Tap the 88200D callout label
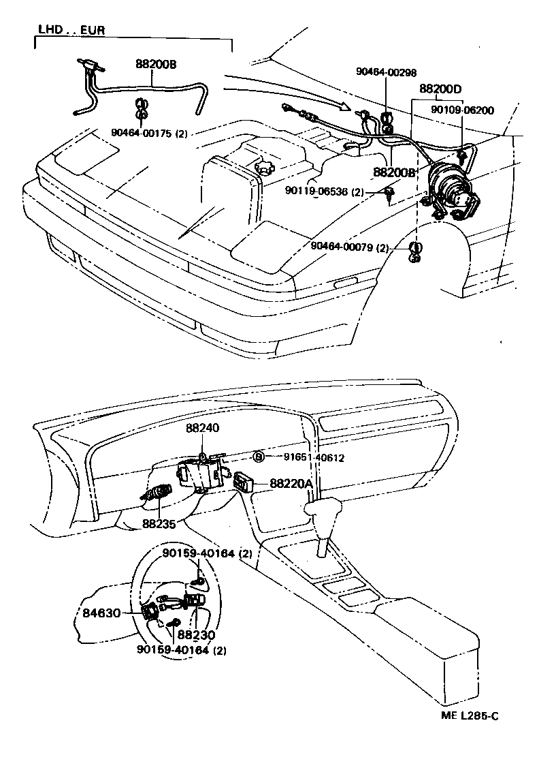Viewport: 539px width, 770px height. point(440,89)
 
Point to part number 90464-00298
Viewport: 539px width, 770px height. point(387,72)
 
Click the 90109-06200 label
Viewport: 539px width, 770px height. point(462,110)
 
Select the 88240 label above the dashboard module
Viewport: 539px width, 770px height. point(203,428)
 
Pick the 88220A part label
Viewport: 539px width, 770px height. point(291,483)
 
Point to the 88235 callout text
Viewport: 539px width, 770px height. point(158,524)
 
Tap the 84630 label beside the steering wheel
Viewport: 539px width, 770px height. point(101,613)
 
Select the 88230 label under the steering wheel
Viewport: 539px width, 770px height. point(196,634)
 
